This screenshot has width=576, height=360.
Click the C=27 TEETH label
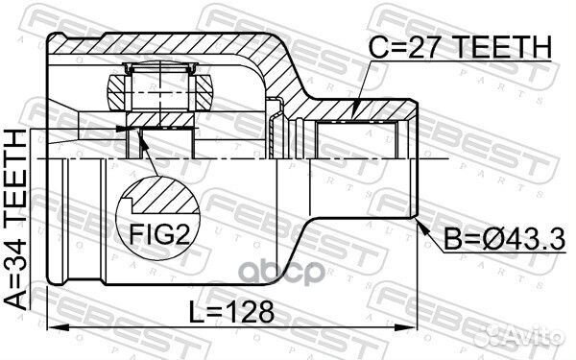[x=460, y=47]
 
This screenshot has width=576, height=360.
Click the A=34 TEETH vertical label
[x=15, y=219]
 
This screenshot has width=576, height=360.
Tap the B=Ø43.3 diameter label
[x=505, y=239]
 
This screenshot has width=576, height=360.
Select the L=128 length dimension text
[x=231, y=312]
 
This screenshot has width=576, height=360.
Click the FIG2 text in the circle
[x=159, y=234]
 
